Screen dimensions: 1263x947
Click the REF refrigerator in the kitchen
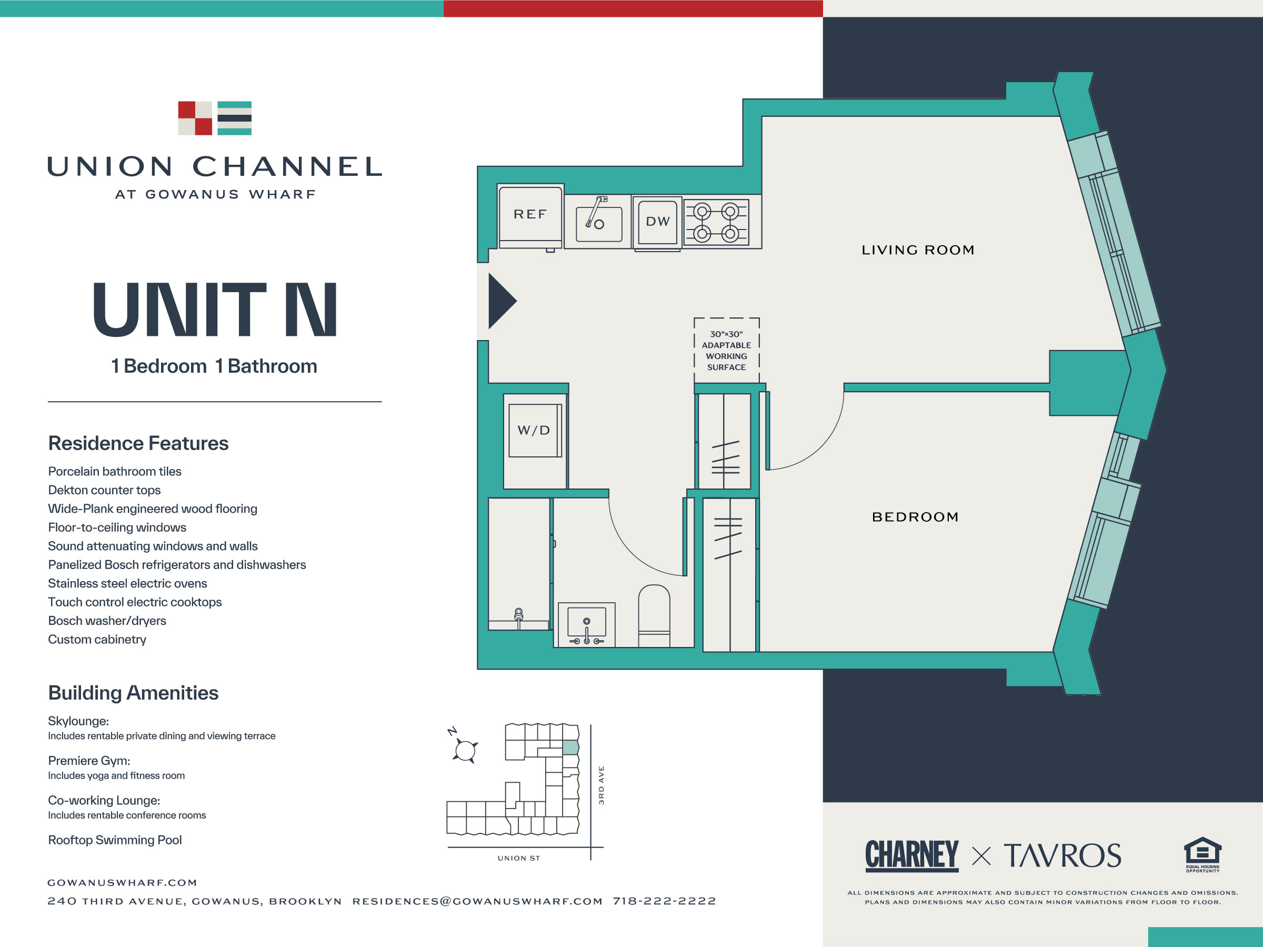click(x=530, y=216)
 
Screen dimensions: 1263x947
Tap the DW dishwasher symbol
click(x=657, y=223)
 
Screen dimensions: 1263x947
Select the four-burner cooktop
click(x=716, y=222)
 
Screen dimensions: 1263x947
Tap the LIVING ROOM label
click(x=918, y=250)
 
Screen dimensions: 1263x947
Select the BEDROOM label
click(x=915, y=517)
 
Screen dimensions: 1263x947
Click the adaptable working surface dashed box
click(x=726, y=350)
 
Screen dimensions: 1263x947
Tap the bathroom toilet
click(x=654, y=616)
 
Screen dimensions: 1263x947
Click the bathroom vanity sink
click(x=586, y=625)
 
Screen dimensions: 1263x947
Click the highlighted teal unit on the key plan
click(x=570, y=747)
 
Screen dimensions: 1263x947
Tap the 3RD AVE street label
click(x=600, y=785)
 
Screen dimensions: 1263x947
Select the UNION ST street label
click(x=518, y=858)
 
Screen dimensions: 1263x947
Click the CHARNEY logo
click(x=912, y=855)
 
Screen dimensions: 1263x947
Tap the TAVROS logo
click(x=1062, y=855)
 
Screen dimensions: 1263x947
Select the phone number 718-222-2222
click(x=665, y=901)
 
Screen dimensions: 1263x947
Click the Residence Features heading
click(x=138, y=443)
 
